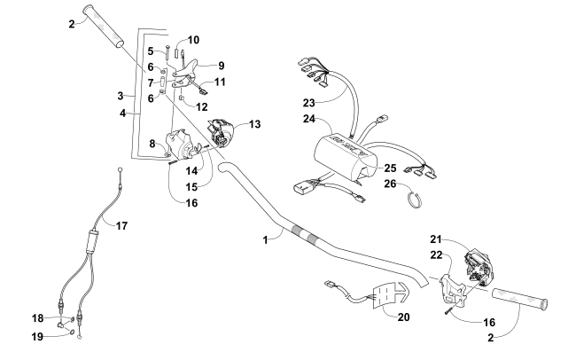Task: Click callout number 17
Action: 122,225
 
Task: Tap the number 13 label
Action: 256,126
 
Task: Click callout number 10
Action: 194,40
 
